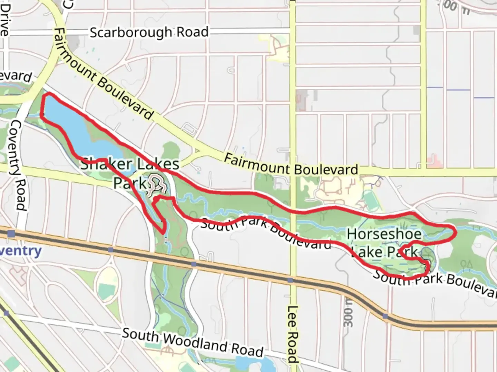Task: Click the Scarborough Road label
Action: point(149,32)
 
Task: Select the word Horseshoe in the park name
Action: point(384,234)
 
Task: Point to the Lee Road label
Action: point(292,334)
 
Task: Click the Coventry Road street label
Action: point(19,165)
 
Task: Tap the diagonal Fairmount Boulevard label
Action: point(104,74)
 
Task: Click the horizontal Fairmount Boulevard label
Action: point(291,165)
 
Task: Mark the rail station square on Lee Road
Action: point(290,280)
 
